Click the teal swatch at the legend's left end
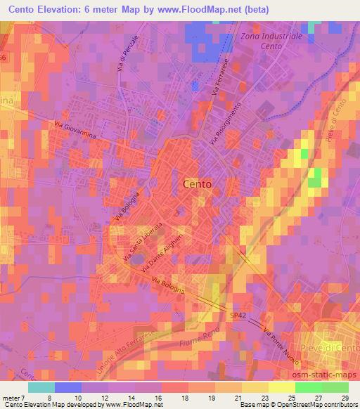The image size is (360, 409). coord(41,387)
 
